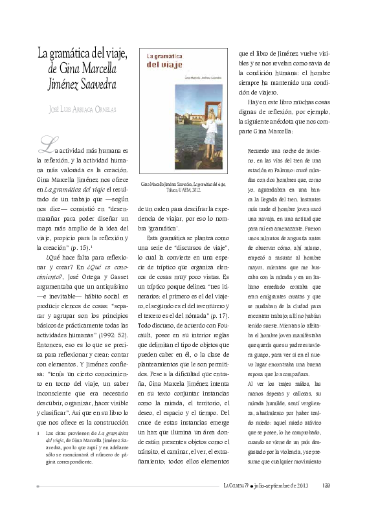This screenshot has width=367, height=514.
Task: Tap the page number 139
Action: click(326, 487)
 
